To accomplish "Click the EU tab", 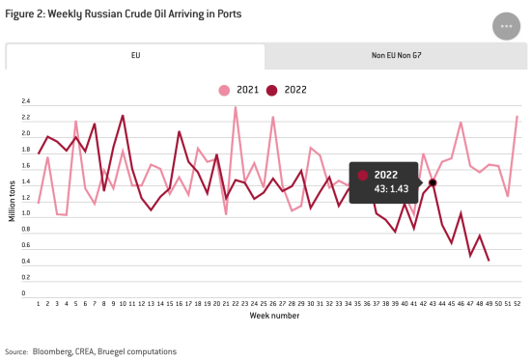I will tap(135, 56).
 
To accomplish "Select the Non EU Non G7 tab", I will tap(395, 56).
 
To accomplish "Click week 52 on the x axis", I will tap(517, 302).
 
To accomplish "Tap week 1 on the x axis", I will tap(39, 302).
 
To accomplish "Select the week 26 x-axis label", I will tap(273, 302).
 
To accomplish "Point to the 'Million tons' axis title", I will tap(12, 197).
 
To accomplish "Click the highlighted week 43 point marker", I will tap(433, 182).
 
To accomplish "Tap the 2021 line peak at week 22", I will tap(236, 107).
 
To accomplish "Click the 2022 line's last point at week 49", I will tap(489, 261).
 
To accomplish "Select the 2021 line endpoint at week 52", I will tap(517, 117).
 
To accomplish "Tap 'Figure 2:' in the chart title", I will tap(24, 15).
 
